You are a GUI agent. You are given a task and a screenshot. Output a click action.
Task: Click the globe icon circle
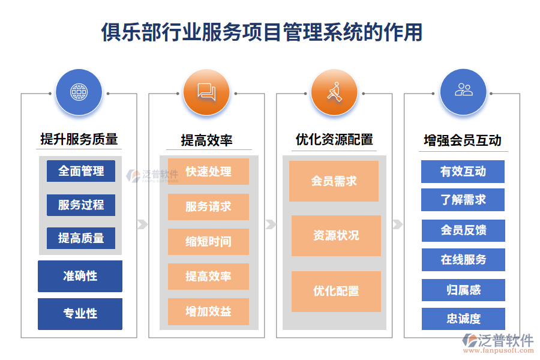(x=79, y=92)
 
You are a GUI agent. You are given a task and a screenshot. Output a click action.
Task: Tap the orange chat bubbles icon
(x=206, y=92)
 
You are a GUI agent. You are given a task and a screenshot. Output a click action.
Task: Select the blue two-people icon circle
(x=463, y=91)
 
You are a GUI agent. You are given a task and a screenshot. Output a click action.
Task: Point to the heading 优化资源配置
(x=334, y=140)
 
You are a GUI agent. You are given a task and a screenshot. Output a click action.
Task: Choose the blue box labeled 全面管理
(x=81, y=171)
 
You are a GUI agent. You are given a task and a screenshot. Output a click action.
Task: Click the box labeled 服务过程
(x=81, y=205)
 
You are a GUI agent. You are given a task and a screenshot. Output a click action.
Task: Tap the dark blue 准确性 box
(x=80, y=276)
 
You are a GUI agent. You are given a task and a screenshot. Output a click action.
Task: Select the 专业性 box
(x=80, y=313)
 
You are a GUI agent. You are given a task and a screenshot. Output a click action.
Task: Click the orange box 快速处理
(x=208, y=172)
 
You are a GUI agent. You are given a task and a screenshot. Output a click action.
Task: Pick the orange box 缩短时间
(x=208, y=241)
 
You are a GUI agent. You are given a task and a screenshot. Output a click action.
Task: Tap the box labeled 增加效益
(x=208, y=311)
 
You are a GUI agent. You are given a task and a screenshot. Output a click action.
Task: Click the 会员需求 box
(x=334, y=181)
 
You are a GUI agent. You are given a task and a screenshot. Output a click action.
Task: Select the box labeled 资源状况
(x=336, y=235)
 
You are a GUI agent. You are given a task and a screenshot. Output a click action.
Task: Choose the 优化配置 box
(x=336, y=291)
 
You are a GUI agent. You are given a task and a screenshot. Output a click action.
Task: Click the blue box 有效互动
(x=463, y=172)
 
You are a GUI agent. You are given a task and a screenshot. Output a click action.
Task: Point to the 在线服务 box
(x=463, y=260)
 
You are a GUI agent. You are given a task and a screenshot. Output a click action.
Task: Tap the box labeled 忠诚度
(x=463, y=319)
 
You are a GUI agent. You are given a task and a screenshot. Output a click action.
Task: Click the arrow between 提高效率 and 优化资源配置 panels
(x=271, y=224)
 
